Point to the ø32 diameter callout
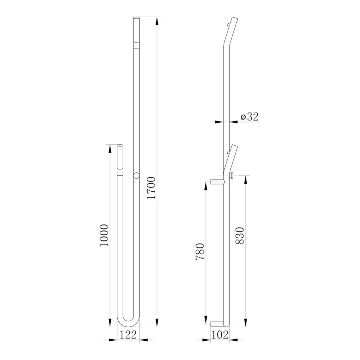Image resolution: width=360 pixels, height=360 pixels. (x=250, y=116)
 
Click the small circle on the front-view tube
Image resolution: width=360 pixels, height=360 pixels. (x=136, y=175)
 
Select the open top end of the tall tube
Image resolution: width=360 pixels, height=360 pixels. (x=136, y=18)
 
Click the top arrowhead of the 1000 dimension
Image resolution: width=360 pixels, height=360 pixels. (x=109, y=147)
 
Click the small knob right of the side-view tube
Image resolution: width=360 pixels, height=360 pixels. (x=232, y=176)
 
